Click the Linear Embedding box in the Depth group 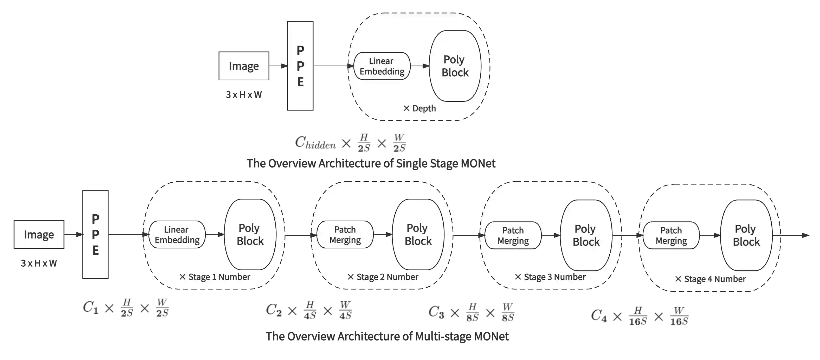pos(382,66)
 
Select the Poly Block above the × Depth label pos(455,66)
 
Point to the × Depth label pos(419,108)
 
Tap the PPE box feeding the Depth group pos(300,66)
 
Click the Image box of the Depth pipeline pos(244,66)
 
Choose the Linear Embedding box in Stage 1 pos(177,235)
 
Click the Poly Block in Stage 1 pos(250,235)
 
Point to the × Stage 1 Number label pos(215,277)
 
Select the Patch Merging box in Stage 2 pos(345,235)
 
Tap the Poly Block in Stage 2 pos(418,235)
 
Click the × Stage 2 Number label pos(383,277)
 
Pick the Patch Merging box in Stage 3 pos(513,235)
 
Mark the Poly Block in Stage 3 pos(586,235)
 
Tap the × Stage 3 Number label pos(550,277)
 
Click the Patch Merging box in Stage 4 pos(671,235)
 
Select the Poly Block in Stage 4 pos(746,235)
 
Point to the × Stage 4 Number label pos(711,279)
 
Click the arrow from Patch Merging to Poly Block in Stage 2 pos(383,235)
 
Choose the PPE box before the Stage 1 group pos(95,235)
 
